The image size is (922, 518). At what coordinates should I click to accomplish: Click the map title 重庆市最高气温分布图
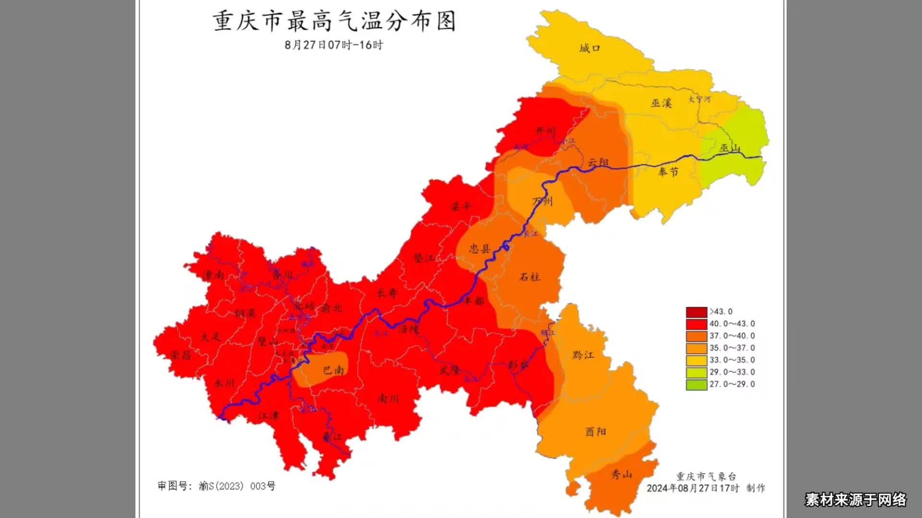tap(334, 22)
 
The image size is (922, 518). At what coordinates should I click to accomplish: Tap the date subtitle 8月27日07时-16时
tap(334, 45)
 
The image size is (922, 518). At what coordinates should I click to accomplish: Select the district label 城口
tap(589, 48)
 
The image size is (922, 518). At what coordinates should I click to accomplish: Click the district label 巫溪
tap(661, 103)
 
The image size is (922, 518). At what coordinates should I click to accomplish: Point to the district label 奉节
tap(668, 171)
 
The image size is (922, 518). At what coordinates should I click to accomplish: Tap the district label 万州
tap(543, 201)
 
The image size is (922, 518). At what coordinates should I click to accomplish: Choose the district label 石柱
tap(530, 277)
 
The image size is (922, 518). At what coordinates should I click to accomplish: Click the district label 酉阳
tap(595, 432)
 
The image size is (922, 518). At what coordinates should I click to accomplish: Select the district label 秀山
tap(621, 475)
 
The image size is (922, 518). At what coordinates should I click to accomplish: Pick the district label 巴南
tap(333, 370)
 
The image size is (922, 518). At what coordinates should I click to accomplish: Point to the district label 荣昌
tap(181, 355)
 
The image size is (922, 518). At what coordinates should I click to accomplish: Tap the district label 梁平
tap(461, 207)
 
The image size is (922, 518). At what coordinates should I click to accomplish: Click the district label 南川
tap(388, 399)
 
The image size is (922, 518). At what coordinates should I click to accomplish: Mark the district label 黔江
tap(583, 355)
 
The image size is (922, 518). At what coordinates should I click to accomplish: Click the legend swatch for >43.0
tap(696, 312)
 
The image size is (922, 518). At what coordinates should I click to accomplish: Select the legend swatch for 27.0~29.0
tap(696, 384)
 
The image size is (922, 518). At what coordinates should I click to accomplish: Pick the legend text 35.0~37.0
tap(732, 348)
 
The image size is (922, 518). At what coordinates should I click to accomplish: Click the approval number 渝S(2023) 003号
tap(237, 486)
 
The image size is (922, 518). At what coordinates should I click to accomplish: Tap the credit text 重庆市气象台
tap(706, 477)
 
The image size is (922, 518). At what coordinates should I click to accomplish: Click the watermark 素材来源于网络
tap(856, 500)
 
